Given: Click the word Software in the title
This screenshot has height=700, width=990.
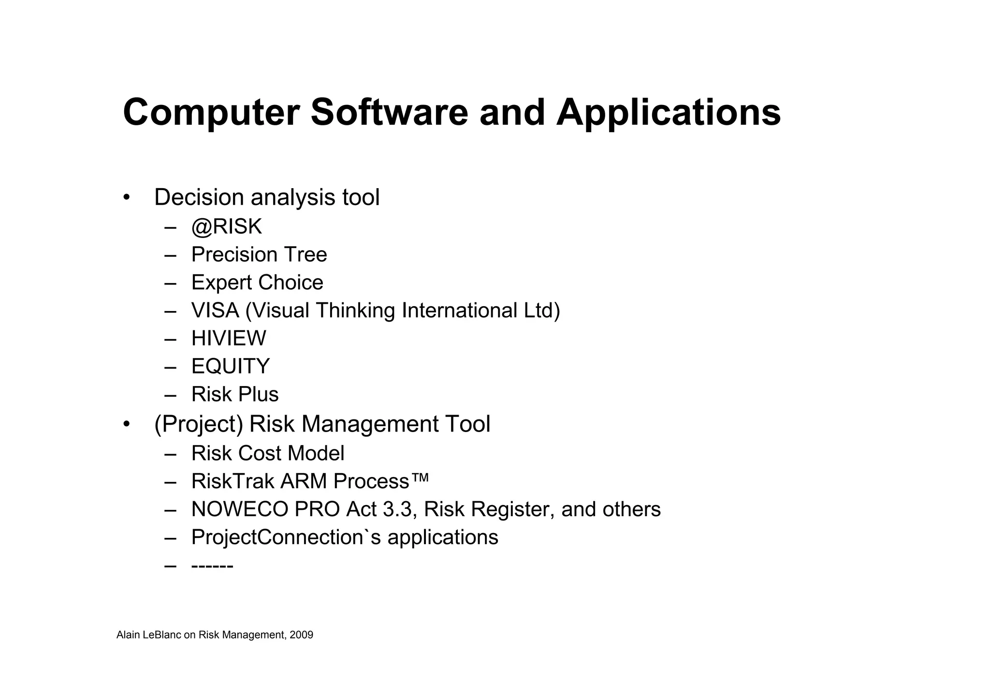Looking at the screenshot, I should click(x=389, y=112).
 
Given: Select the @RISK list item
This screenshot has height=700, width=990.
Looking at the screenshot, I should click(x=226, y=226).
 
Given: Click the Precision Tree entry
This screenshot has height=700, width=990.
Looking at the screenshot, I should click(x=259, y=254).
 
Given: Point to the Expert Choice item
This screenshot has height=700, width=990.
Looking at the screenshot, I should click(x=257, y=283).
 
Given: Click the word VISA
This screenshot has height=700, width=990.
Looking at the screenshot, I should click(x=215, y=311).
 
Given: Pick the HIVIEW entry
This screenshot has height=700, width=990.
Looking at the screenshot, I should click(x=229, y=338).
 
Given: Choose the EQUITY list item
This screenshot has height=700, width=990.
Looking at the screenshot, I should click(x=230, y=366).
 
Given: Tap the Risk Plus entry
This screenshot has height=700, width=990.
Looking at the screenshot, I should click(x=235, y=394).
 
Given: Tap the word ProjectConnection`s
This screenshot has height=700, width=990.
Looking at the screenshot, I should click(x=286, y=537).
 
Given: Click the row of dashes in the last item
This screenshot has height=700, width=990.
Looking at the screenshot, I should click(x=212, y=566).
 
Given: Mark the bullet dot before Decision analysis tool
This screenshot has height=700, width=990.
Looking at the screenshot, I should click(x=127, y=197).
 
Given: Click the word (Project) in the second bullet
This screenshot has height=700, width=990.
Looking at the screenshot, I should click(x=198, y=424).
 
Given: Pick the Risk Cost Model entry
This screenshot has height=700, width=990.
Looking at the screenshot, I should click(x=268, y=454).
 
